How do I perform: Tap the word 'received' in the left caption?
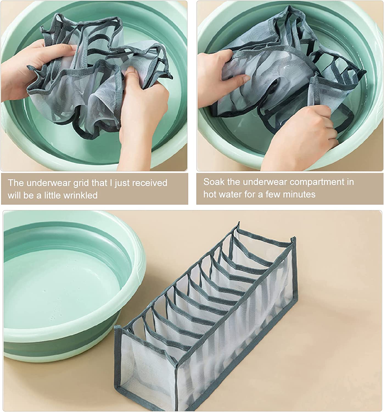[150, 183]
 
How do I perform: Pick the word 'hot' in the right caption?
[210, 194]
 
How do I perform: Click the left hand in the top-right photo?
[220, 79]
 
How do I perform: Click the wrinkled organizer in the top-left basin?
[97, 77]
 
